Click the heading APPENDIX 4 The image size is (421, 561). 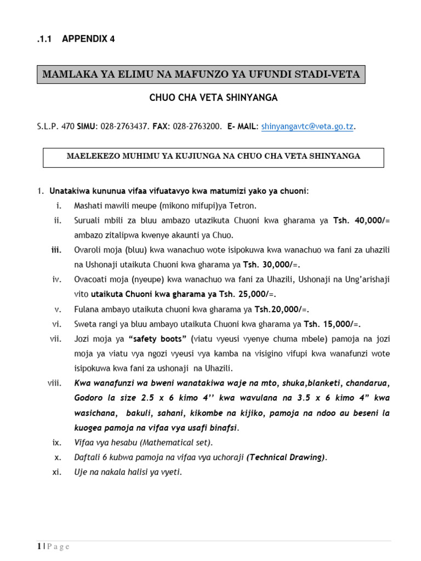pyautogui.click(x=88, y=38)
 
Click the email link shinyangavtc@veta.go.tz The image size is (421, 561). pyautogui.click(x=307, y=127)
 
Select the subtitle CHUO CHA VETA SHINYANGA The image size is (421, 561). pyautogui.click(x=214, y=98)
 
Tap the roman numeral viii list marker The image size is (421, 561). pyautogui.click(x=55, y=383)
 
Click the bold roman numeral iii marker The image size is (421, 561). pyautogui.click(x=56, y=250)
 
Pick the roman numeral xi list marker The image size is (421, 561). pyautogui.click(x=56, y=472)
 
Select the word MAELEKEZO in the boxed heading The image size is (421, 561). pyautogui.click(x=92, y=156)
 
